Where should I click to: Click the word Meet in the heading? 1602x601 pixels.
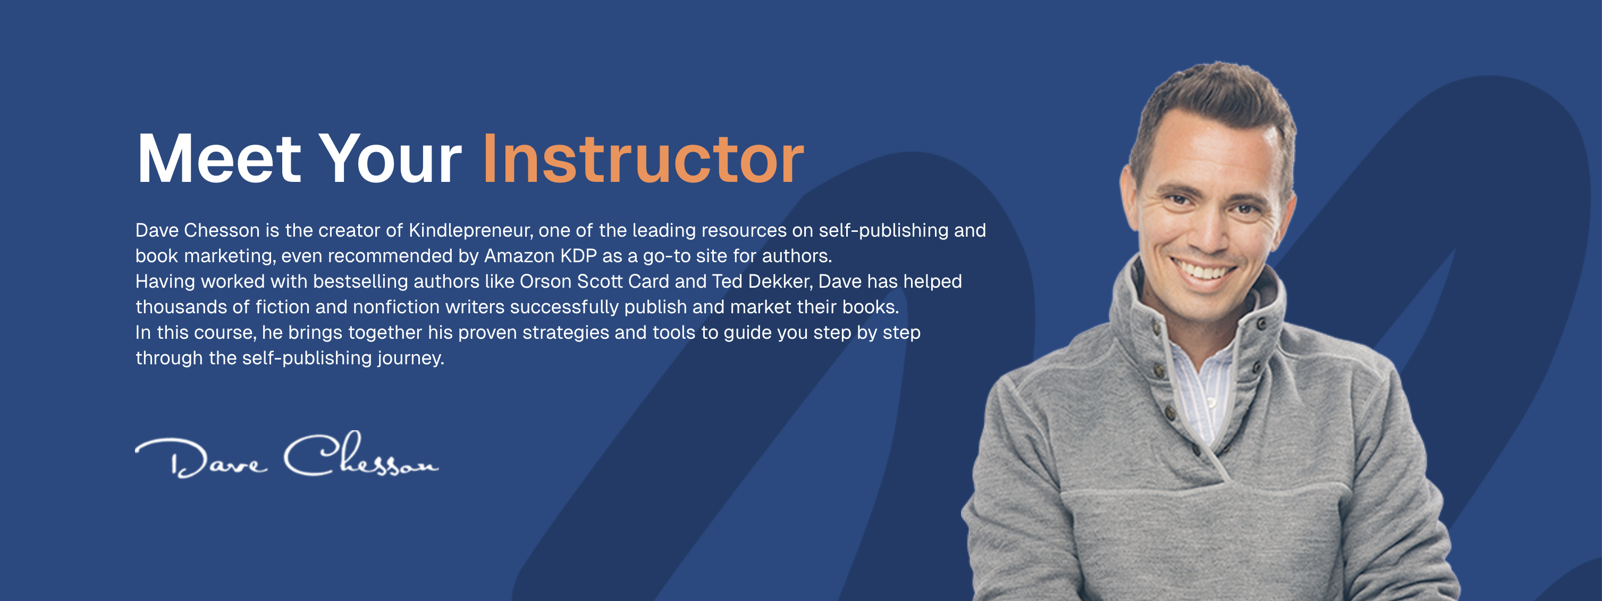click(219, 158)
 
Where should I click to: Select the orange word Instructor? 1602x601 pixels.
click(643, 158)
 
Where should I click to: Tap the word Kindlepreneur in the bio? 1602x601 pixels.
click(471, 230)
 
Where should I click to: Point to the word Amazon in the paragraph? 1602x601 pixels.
click(519, 256)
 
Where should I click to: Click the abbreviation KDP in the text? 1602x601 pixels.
click(578, 256)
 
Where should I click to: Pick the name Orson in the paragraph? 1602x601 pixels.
click(545, 281)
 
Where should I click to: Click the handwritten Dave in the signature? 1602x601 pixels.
click(201, 459)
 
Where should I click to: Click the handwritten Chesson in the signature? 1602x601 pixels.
click(361, 454)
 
